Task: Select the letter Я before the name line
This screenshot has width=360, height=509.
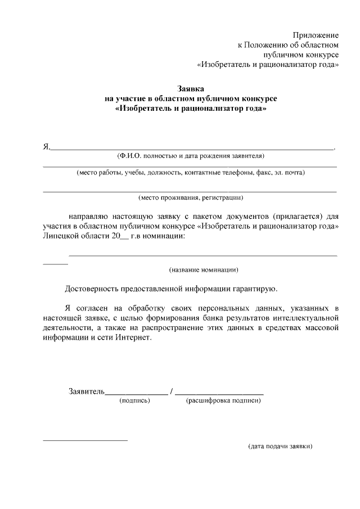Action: (46, 147)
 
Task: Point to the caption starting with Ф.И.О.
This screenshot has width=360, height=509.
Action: (190, 156)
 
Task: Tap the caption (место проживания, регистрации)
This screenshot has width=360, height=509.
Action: (191, 197)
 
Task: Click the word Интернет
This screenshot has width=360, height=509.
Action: (133, 339)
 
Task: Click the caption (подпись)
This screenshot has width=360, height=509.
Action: (134, 401)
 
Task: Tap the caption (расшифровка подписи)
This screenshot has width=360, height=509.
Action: (223, 401)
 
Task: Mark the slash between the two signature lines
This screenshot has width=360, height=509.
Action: (172, 391)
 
